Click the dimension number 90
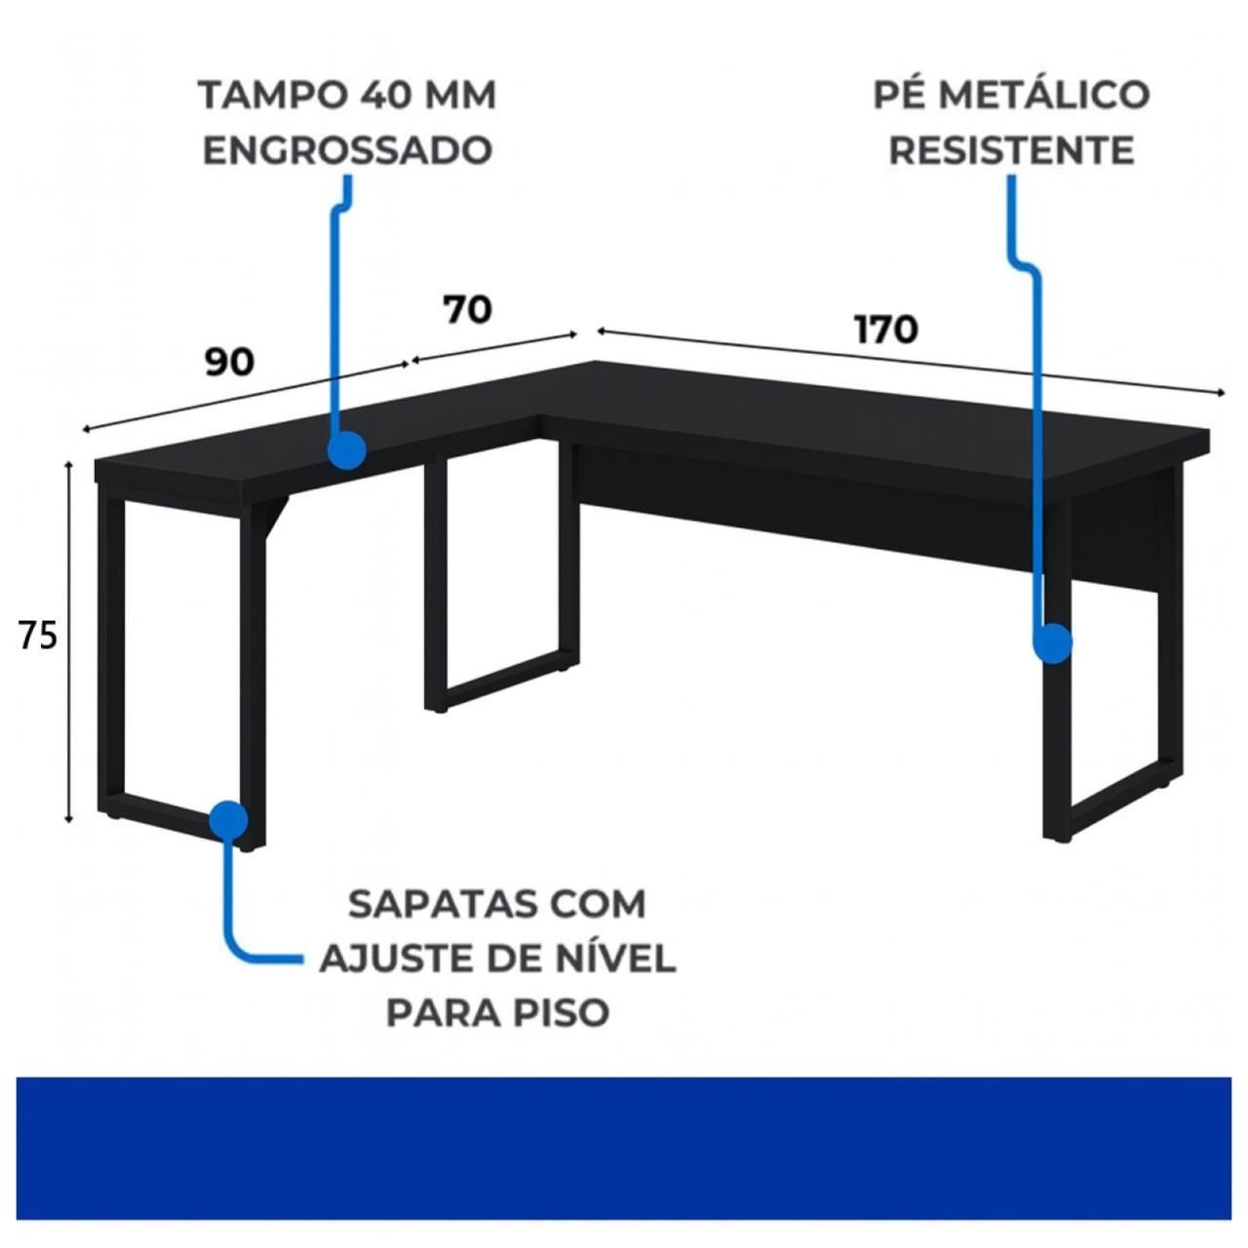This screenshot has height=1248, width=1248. pyautogui.click(x=229, y=362)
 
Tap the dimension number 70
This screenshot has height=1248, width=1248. pyautogui.click(x=467, y=310)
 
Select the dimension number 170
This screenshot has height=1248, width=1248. pyautogui.click(x=886, y=330)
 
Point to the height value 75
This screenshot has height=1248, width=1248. pyautogui.click(x=38, y=636)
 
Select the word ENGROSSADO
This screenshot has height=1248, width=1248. pyautogui.click(x=347, y=151)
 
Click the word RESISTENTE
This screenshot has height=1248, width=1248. pyautogui.click(x=1011, y=151)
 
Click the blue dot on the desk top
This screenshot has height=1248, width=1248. pyautogui.click(x=346, y=450)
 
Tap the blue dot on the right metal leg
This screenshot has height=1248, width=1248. pyautogui.click(x=1052, y=643)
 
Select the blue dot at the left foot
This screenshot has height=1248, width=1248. pyautogui.click(x=228, y=820)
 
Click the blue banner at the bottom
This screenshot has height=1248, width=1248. pyautogui.click(x=624, y=1148)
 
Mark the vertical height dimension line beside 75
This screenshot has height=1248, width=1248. pyautogui.click(x=69, y=643)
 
